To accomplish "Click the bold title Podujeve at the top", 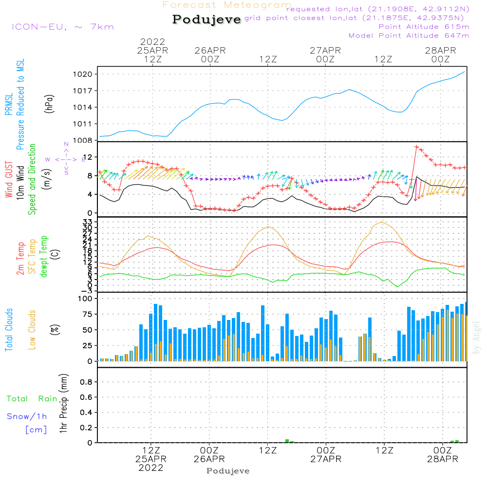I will [x=206, y=19].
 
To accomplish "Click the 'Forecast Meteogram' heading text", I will [x=227, y=5].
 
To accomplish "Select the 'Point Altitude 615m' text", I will [x=424, y=27].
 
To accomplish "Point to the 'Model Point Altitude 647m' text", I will [x=409, y=36].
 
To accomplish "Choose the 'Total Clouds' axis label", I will [x=9, y=330].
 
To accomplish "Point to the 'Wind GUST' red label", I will [x=9, y=180].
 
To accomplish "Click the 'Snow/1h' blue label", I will [x=27, y=417].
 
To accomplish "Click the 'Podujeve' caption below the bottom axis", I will [x=228, y=471].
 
